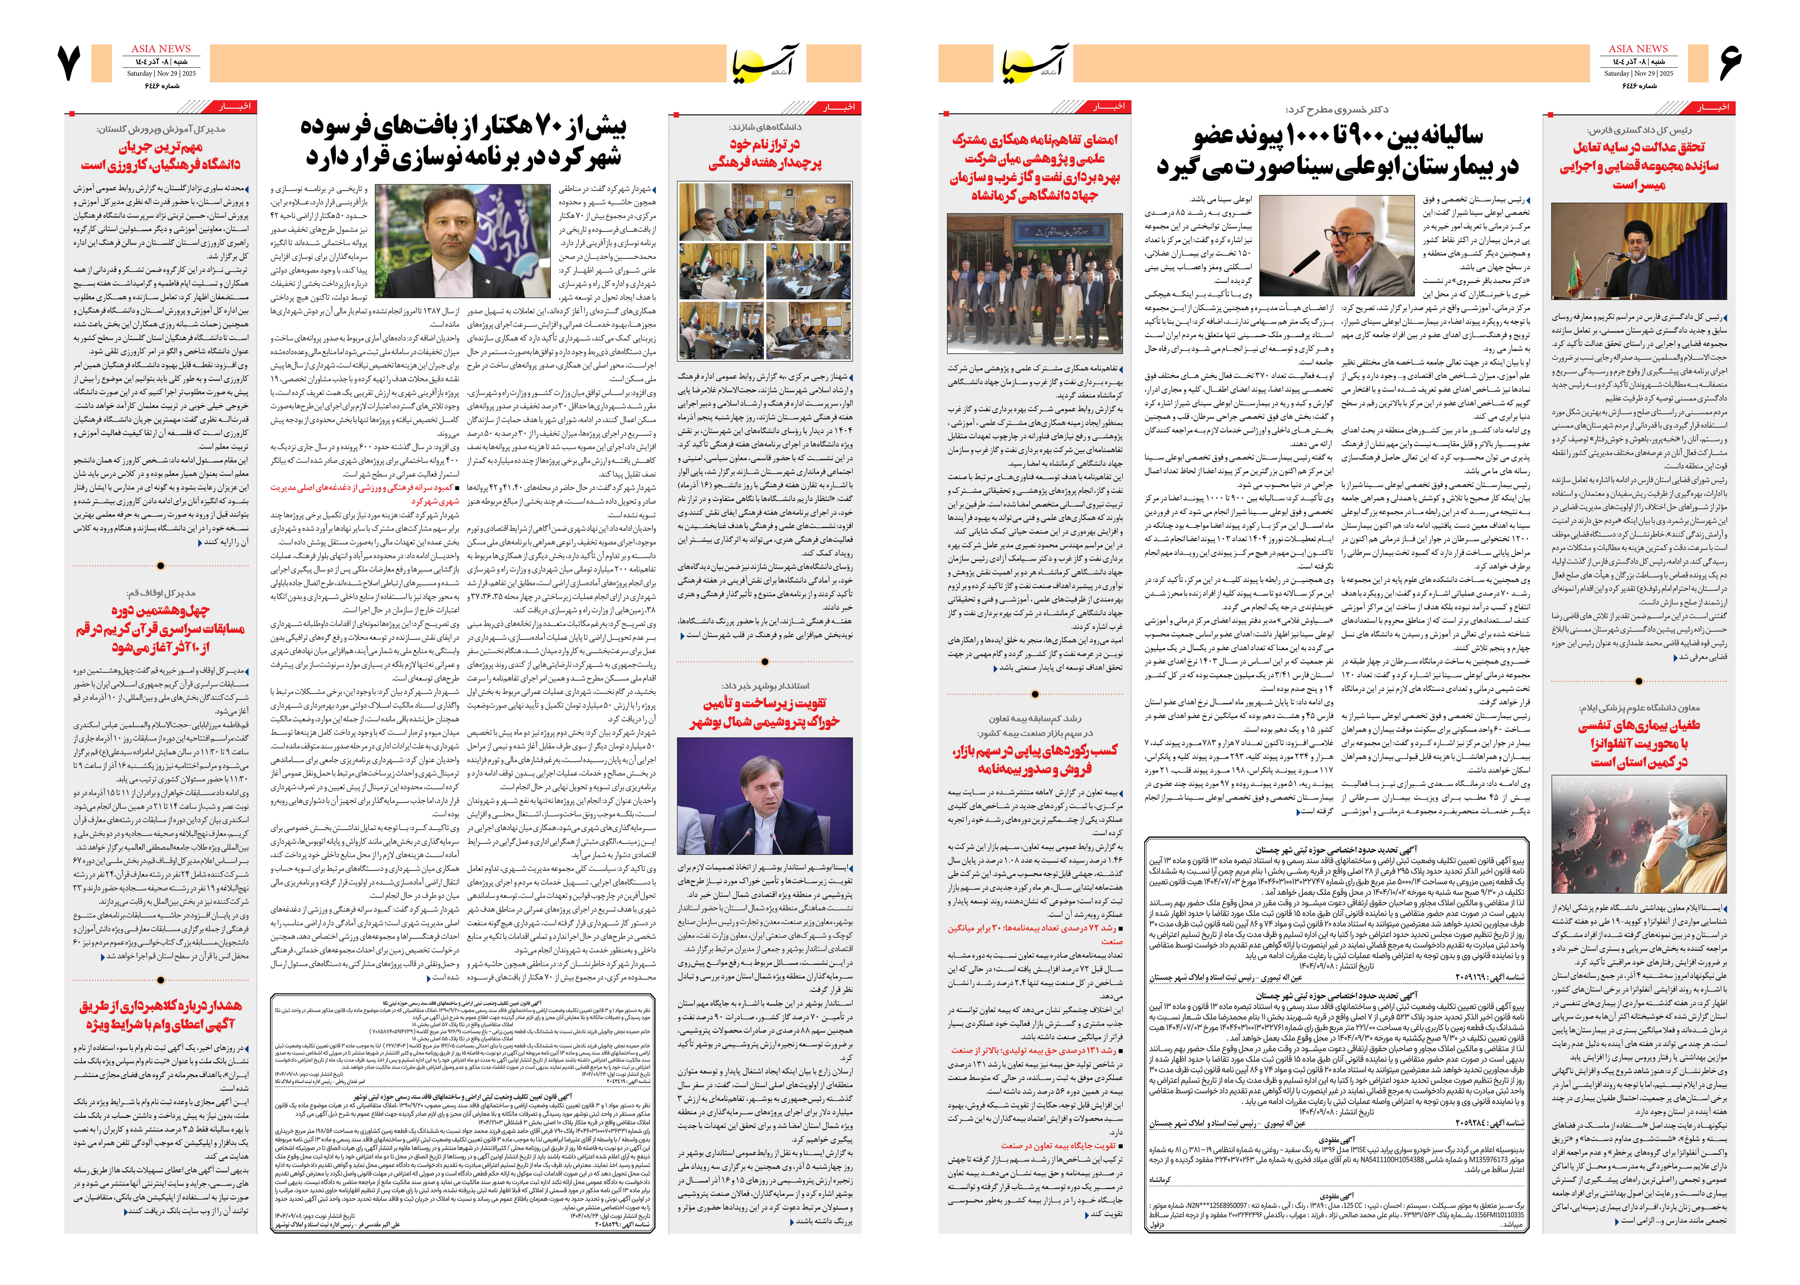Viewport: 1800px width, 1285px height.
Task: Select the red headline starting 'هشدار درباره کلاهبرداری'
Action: click(161, 1015)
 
